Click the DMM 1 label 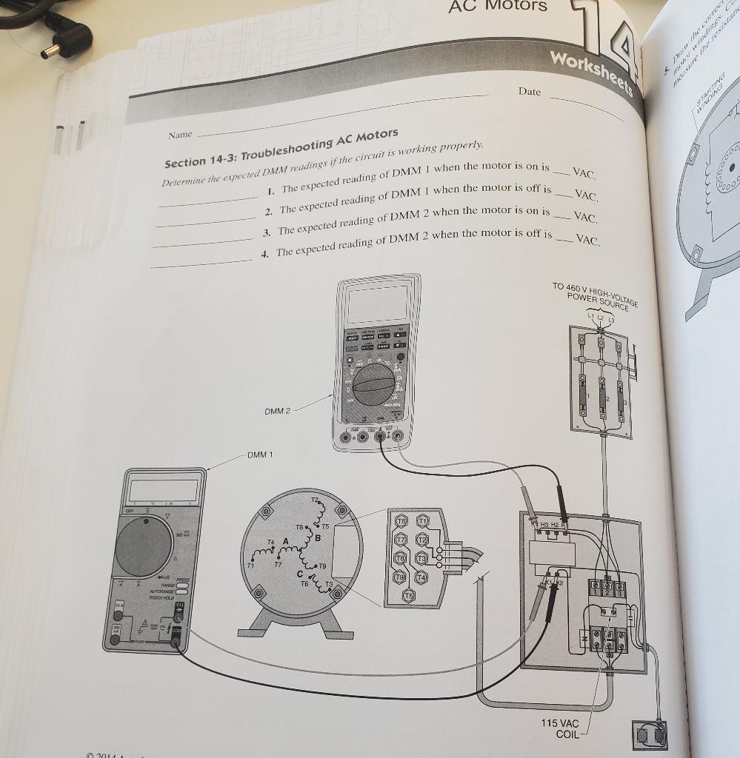[260, 454]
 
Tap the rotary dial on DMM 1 [144, 547]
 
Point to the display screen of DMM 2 [377, 303]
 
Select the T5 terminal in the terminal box [408, 594]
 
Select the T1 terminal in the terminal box [423, 522]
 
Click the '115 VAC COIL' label [559, 728]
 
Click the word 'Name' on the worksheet [180, 135]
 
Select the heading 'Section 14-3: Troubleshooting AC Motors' [281, 150]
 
